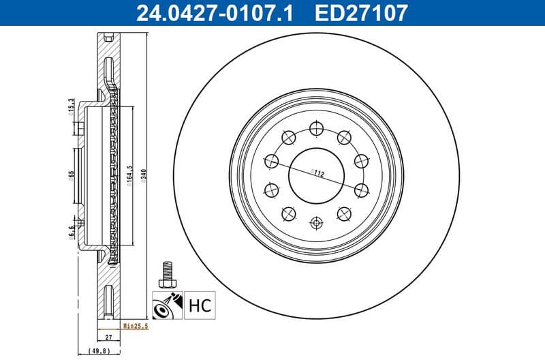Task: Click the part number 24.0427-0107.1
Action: (x=215, y=12)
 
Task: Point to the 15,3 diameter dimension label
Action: (x=72, y=106)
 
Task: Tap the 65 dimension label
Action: (x=72, y=175)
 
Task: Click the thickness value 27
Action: (x=108, y=337)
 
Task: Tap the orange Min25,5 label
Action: (x=136, y=327)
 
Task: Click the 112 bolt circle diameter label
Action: (x=317, y=173)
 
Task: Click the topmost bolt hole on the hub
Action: (x=315, y=127)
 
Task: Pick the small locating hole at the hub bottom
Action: (x=316, y=222)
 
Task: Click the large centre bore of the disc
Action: (x=316, y=174)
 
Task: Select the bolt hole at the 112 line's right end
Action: (x=361, y=189)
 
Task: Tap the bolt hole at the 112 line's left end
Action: (x=271, y=161)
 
